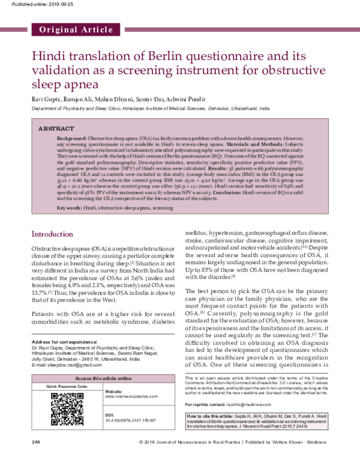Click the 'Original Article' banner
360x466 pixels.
tap(76, 29)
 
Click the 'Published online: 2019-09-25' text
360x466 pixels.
tap(35, 4)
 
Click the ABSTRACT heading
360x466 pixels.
tap(57, 129)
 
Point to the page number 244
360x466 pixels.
tap(37, 458)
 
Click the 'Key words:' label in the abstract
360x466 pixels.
tap(61, 207)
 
